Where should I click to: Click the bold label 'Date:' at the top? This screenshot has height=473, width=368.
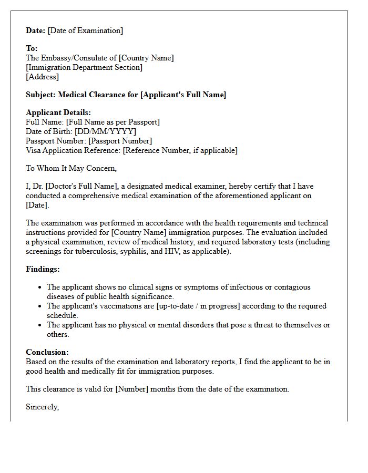36,30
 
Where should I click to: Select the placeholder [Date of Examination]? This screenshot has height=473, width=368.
85,30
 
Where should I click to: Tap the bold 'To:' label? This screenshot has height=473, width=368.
32,48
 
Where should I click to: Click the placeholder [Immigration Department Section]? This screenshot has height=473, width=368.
84,67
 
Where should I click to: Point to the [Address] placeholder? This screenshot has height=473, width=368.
43,77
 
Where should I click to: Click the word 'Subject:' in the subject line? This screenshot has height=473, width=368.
41,95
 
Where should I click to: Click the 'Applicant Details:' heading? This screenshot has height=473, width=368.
58,112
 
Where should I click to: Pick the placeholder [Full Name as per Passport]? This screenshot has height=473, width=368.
113,122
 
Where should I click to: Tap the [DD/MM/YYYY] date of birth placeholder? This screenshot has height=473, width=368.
105,131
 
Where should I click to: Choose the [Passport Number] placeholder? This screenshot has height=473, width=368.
120,141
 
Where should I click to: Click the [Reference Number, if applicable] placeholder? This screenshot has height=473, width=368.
180,150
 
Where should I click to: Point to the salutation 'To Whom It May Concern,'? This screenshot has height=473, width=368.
71,168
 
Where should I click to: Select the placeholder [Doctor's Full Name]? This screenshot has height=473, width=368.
85,186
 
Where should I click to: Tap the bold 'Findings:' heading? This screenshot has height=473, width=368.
43,269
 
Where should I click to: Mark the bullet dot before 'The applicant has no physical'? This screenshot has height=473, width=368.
40,325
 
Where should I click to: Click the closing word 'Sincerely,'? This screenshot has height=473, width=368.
43,407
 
